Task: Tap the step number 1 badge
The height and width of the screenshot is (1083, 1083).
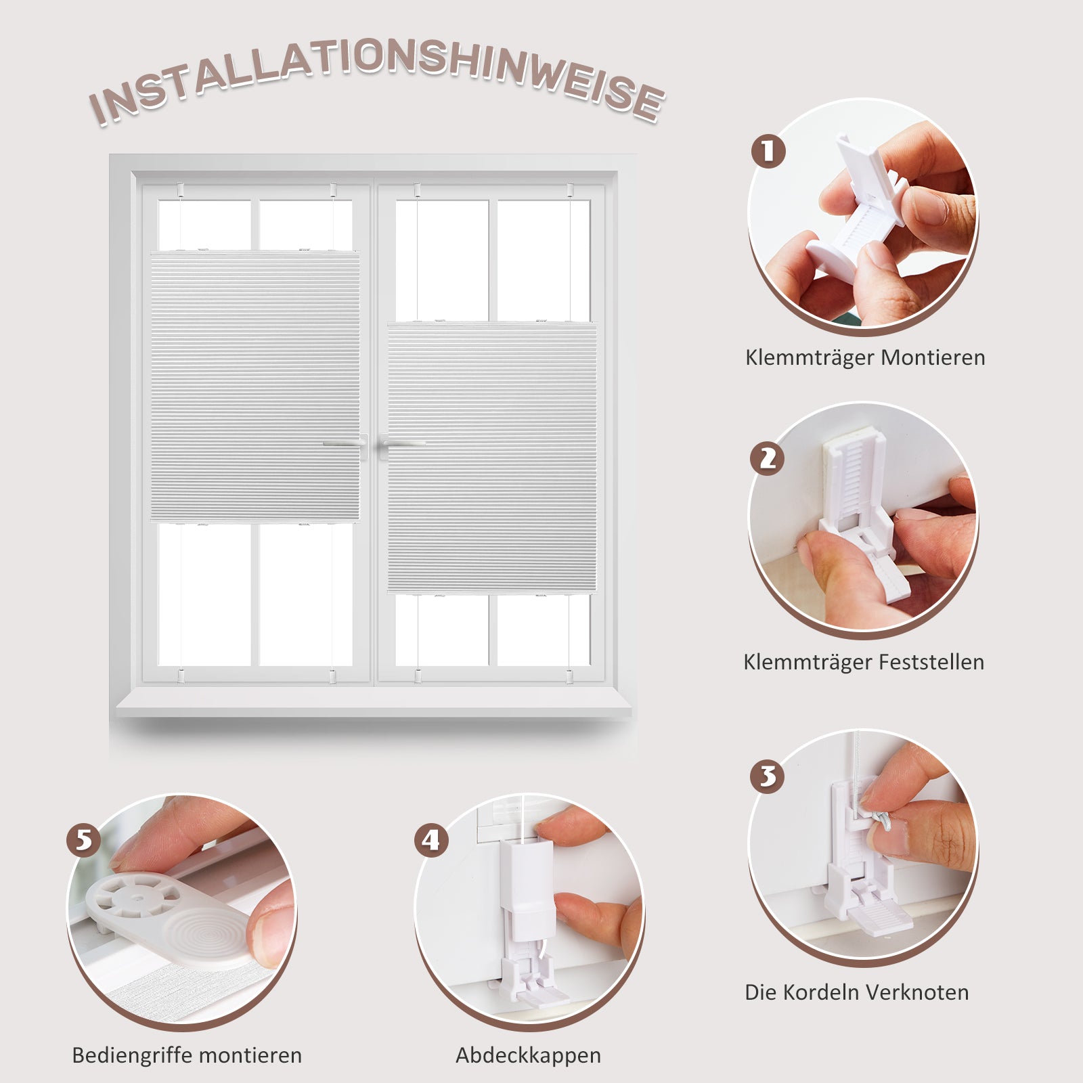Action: pyautogui.click(x=768, y=151)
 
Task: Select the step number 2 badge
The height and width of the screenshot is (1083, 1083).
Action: pyautogui.click(x=768, y=458)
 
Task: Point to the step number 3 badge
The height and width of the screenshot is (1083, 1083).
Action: pyautogui.click(x=768, y=776)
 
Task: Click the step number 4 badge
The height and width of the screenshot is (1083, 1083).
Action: pyautogui.click(x=432, y=841)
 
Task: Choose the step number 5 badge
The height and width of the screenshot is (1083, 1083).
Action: pyautogui.click(x=84, y=841)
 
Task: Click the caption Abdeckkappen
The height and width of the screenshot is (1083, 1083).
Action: pyautogui.click(x=528, y=1056)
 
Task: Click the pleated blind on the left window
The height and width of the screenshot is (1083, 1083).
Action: pyautogui.click(x=255, y=386)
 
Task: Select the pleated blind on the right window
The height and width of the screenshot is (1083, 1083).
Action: pyautogui.click(x=492, y=458)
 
